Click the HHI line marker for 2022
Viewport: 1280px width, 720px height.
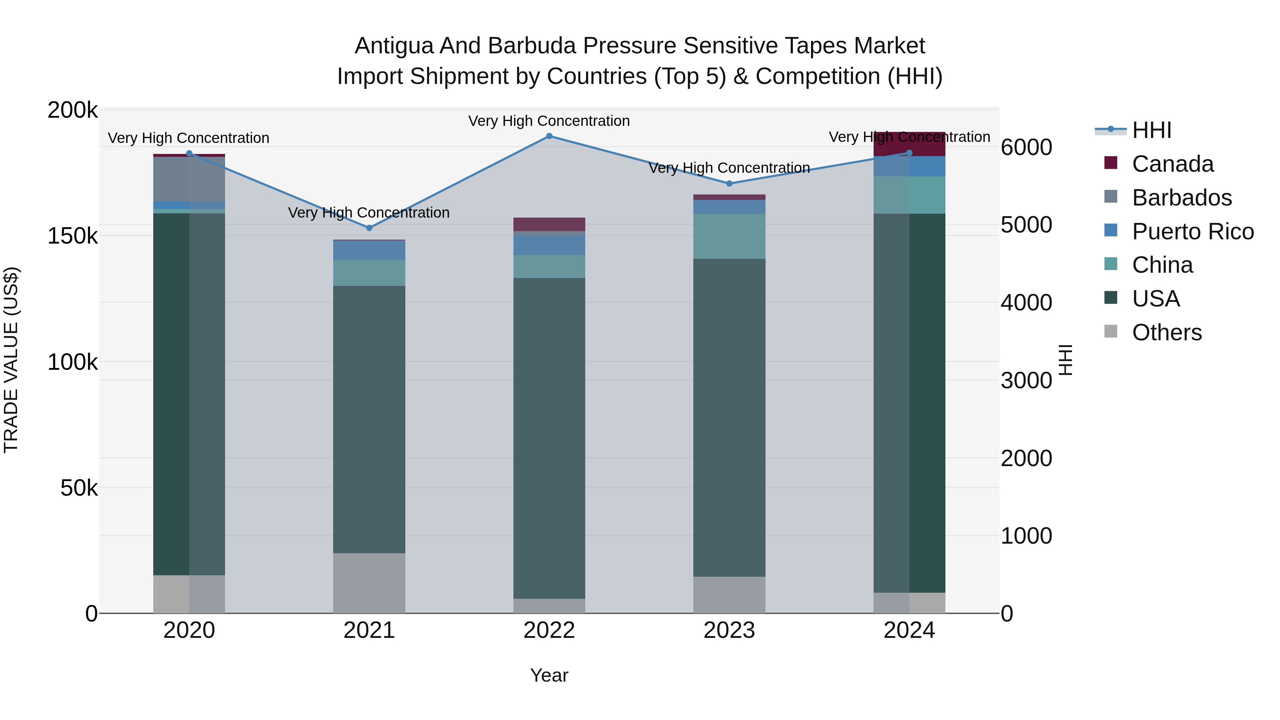549,136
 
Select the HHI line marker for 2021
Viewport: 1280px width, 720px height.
369,228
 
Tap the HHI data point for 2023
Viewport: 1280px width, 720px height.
730,183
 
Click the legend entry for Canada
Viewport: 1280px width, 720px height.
1173,164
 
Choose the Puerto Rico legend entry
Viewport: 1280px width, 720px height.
1193,231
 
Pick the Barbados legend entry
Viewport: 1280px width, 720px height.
1182,198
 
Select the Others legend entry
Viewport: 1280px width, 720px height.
1167,332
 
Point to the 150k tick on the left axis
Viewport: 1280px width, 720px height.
73,236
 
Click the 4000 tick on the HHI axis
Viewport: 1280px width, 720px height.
1026,303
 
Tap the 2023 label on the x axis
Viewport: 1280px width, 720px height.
729,630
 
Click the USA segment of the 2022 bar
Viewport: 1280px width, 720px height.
549,437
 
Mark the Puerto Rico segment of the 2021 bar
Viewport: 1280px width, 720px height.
369,250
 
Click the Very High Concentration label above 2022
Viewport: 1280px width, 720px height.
549,121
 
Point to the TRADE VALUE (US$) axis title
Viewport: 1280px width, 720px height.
11,360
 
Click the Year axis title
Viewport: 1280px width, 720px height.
549,675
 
